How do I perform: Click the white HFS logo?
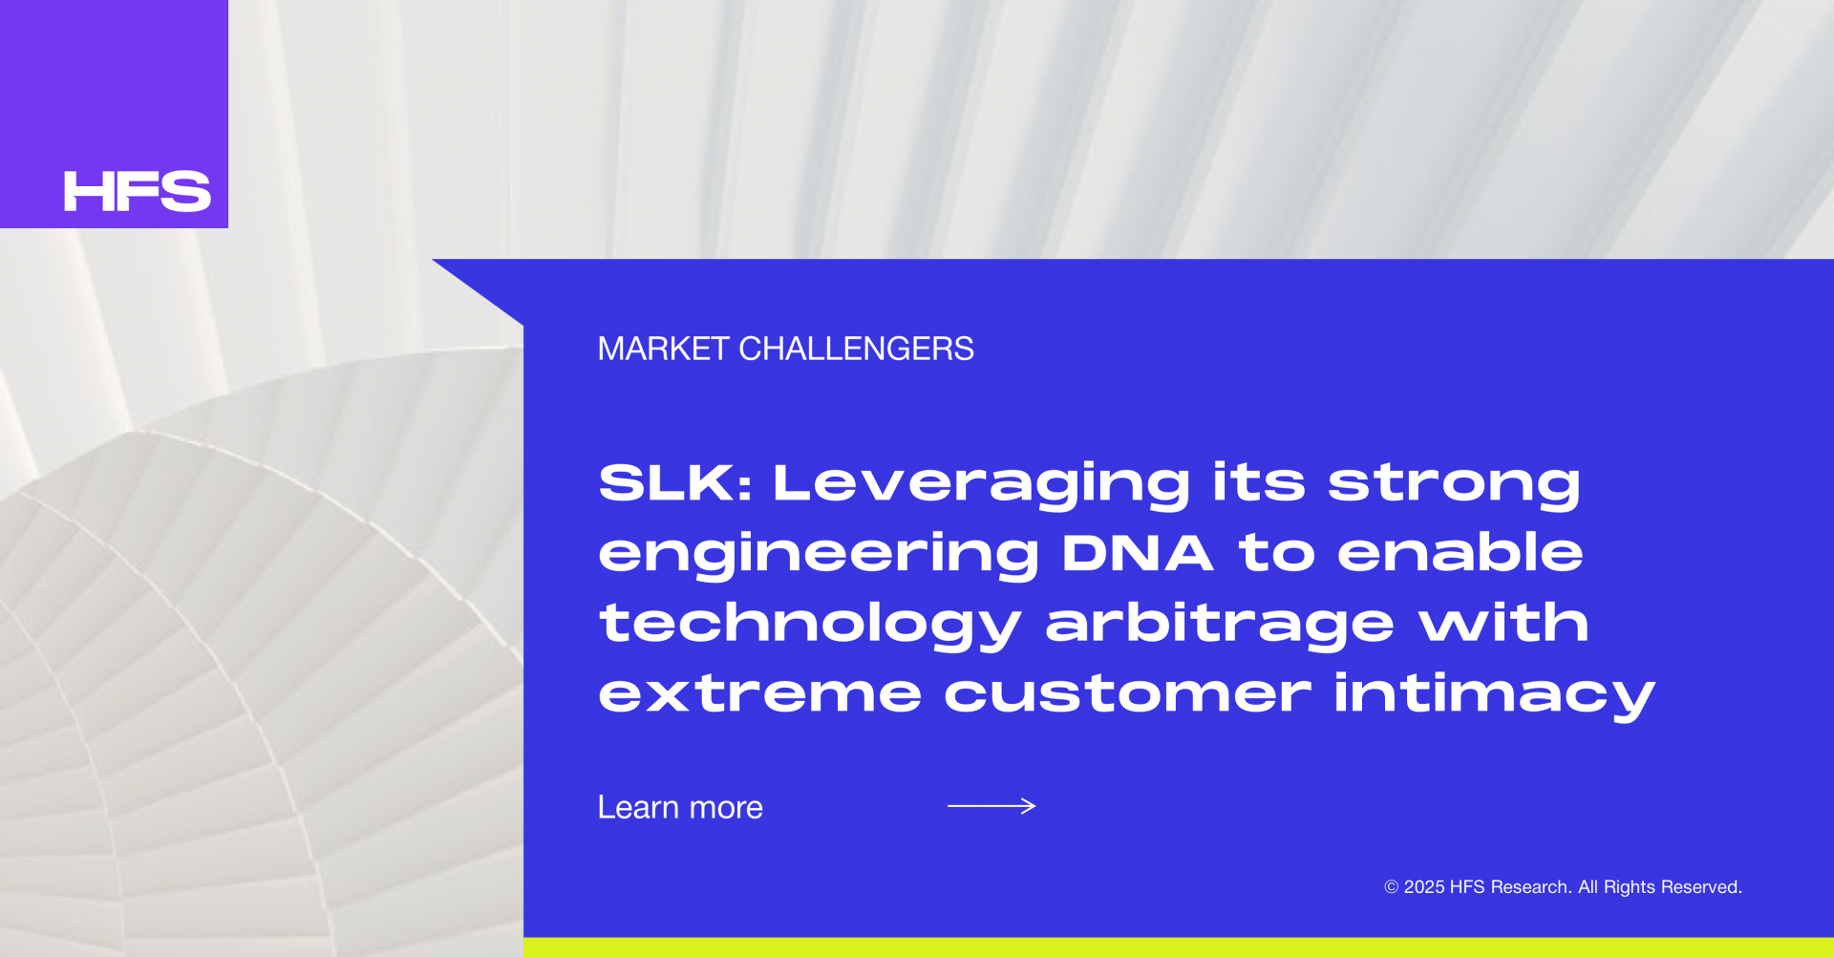coord(137,191)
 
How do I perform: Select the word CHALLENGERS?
coord(857,349)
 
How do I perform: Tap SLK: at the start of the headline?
coord(675,482)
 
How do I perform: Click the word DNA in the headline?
coord(1138,553)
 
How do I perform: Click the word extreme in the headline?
coord(760,693)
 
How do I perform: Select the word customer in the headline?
coord(1127,693)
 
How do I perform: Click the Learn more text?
coord(680,808)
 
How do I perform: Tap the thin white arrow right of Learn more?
coord(992,806)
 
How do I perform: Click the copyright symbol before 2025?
coord(1392,887)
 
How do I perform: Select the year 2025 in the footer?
coord(1424,887)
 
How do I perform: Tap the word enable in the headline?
coord(1460,553)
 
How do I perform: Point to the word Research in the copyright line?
coord(1531,887)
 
